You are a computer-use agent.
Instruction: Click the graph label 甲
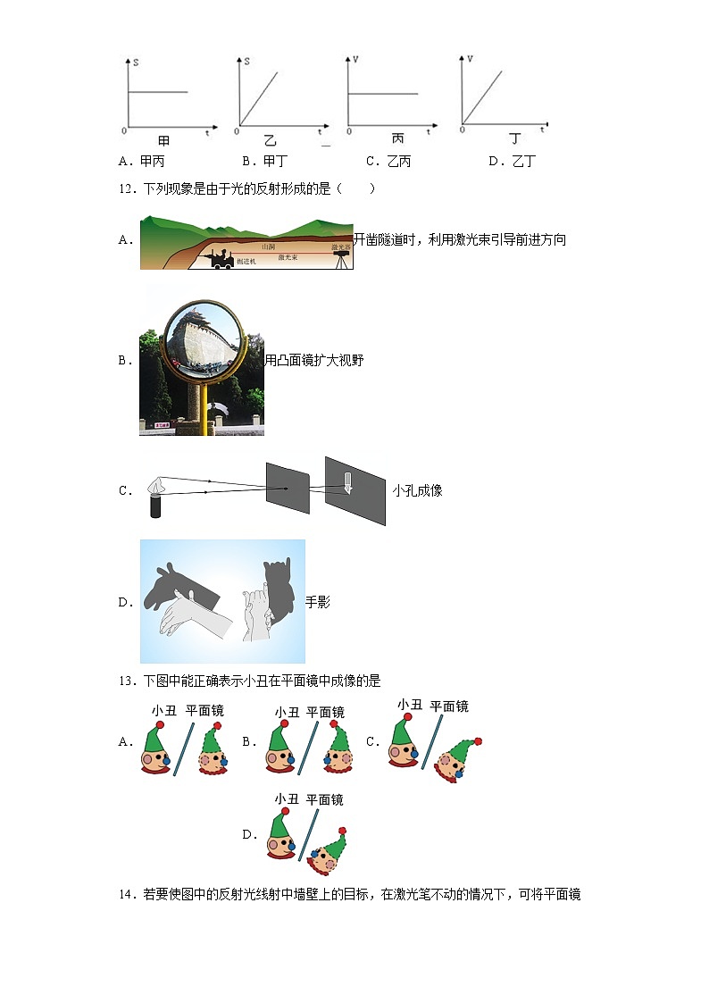[x=163, y=142]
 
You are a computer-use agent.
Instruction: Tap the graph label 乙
[x=270, y=142]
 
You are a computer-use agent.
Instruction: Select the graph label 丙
[x=397, y=138]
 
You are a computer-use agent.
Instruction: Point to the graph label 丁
[x=515, y=138]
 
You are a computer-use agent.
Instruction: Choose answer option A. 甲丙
[x=142, y=162]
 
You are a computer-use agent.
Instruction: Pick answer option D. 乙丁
[x=513, y=162]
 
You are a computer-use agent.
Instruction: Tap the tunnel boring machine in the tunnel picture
[x=220, y=258]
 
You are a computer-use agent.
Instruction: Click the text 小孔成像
[x=417, y=490]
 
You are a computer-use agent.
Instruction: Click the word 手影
[x=318, y=602]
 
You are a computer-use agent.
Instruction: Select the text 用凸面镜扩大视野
[x=314, y=360]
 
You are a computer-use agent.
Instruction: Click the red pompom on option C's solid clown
[x=407, y=716]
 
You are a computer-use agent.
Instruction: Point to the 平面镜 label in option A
[x=204, y=711]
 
